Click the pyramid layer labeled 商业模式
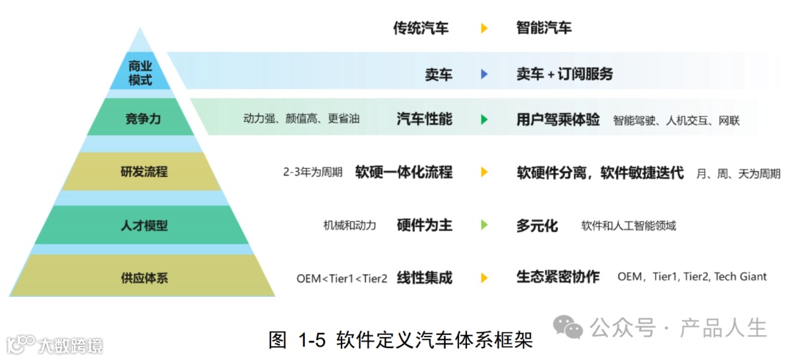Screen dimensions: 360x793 point(140,73)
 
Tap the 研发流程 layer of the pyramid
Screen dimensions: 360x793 point(143,172)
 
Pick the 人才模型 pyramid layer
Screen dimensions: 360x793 point(143,226)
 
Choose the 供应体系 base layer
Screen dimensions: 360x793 point(143,278)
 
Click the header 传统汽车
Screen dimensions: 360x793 point(421,29)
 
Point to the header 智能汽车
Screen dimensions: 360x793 point(544,29)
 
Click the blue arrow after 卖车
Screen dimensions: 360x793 point(485,74)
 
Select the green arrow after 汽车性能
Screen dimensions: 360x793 point(485,119)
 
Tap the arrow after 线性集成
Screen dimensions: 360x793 point(485,278)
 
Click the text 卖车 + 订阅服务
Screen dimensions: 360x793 point(565,74)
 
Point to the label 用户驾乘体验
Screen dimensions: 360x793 point(558,119)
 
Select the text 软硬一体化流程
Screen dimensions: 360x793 point(403,173)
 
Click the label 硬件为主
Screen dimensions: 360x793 point(424,226)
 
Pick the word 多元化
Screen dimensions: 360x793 point(537,226)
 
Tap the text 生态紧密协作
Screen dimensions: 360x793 point(558,277)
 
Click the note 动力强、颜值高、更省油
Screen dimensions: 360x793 point(301,119)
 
